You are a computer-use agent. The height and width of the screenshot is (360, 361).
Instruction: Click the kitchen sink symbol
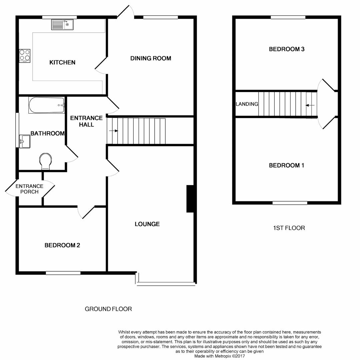point(62,25)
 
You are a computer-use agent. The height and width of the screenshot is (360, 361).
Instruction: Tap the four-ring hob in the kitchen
point(25,56)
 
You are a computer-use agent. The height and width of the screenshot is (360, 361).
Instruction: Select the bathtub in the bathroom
point(46,105)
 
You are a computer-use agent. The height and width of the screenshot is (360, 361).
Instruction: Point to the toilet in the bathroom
point(45,160)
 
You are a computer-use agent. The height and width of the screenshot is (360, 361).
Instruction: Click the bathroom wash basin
point(25,141)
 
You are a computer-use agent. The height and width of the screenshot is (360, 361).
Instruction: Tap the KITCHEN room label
point(62,62)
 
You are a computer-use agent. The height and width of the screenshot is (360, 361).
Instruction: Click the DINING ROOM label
point(151,58)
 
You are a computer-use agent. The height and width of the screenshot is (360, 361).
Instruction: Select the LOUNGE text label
point(147,224)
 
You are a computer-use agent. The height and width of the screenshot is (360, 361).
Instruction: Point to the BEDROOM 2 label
point(62,245)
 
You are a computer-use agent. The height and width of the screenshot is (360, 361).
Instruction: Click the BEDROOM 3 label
point(287,49)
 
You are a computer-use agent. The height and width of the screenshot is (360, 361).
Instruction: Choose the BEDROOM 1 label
point(287,165)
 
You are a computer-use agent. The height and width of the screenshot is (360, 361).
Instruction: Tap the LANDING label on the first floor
point(247,104)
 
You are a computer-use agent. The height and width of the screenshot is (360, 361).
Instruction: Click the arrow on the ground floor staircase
point(114,131)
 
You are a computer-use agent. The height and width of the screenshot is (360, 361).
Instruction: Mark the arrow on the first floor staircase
point(310,105)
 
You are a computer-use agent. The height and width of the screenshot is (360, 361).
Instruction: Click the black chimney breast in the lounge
point(190,199)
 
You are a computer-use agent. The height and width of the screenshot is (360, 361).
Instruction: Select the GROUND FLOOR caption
point(108,309)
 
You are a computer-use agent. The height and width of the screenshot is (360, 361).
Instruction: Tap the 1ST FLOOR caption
point(289,228)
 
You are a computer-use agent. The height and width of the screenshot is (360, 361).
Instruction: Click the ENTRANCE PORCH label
point(29,189)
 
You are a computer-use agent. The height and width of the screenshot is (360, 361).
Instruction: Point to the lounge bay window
point(166,283)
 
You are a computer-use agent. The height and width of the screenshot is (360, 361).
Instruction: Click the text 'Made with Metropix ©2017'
point(219,356)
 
